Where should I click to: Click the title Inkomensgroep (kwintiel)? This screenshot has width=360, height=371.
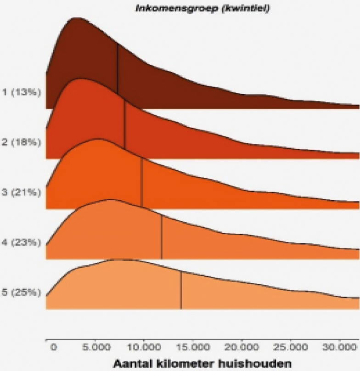click(x=202, y=8)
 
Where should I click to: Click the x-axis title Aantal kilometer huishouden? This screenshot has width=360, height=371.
click(x=202, y=363)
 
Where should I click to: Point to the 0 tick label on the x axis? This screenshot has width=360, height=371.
click(x=54, y=348)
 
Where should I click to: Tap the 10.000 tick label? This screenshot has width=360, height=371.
click(x=143, y=348)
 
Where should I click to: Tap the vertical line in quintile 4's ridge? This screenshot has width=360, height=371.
click(x=162, y=236)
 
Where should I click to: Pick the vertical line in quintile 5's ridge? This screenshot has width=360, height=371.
click(x=181, y=289)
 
